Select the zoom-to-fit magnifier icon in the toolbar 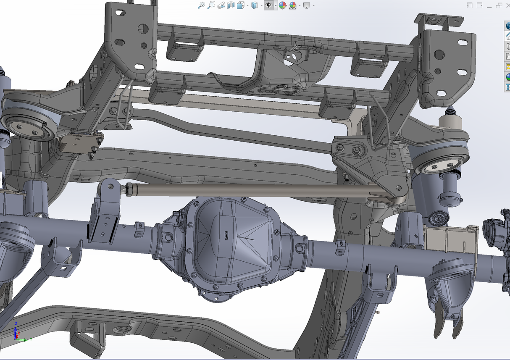point(201,5)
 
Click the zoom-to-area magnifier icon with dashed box point(211,5)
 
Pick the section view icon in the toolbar point(231,5)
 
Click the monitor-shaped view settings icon point(307,5)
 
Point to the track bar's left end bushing point(130,189)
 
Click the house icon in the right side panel point(507,36)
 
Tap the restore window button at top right point(499,5)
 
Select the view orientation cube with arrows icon point(241,5)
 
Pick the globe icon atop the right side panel point(507,26)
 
